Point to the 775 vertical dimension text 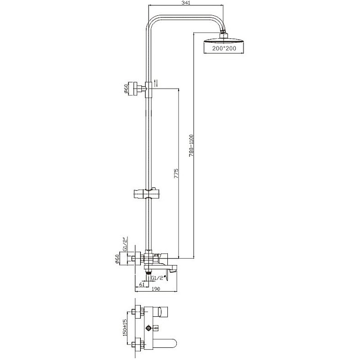[176, 173]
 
